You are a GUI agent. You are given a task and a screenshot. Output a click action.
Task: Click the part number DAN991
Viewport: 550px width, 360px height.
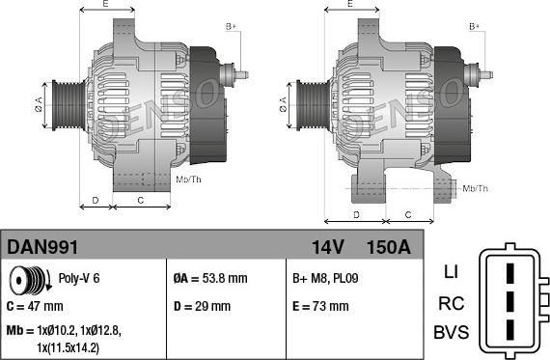pyautogui.click(x=42, y=247)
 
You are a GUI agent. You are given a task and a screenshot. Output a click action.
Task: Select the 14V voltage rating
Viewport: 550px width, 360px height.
pyautogui.click(x=328, y=247)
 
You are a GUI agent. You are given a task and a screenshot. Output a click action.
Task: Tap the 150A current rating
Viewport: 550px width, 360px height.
pyautogui.click(x=388, y=247)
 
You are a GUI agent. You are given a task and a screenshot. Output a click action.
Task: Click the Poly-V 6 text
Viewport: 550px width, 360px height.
pyautogui.click(x=79, y=278)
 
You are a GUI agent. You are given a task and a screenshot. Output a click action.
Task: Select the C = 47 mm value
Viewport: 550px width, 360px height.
pyautogui.click(x=35, y=306)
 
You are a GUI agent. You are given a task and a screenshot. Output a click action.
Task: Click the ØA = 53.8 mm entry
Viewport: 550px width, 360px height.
pyautogui.click(x=210, y=279)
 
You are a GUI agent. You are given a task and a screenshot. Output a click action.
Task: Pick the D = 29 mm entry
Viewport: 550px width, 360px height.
pyautogui.click(x=202, y=306)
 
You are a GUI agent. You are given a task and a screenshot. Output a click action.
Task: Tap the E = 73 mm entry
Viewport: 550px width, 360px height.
pyautogui.click(x=320, y=306)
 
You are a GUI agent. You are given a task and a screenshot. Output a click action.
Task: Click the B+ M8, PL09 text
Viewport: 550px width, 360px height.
pyautogui.click(x=325, y=279)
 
